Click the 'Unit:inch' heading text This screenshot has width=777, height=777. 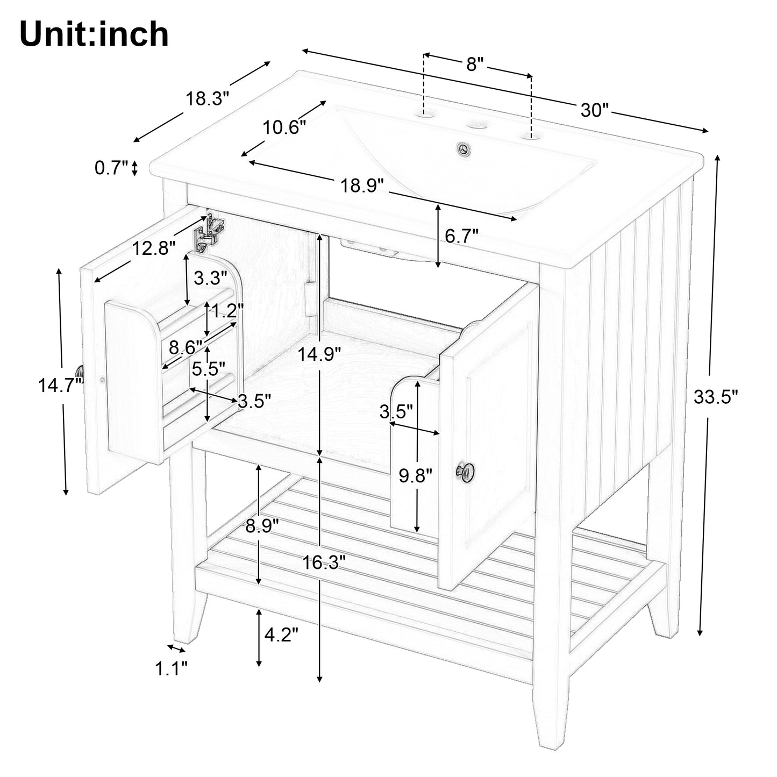coord(94,34)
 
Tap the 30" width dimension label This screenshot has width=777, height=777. coord(594,110)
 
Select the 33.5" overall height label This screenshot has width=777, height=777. coord(716,397)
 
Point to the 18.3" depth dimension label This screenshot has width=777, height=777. coord(207,98)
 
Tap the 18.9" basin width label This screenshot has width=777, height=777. coord(362,186)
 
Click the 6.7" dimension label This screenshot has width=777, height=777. coord(462,236)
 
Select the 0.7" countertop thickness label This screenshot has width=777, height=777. coord(111,167)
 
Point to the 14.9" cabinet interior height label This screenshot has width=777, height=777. coord(319,354)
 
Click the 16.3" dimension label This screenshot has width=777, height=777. coord(324,562)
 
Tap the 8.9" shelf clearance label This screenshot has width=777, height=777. coord(262,526)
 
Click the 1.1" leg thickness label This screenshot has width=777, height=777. coord(172,668)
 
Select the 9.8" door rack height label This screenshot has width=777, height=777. coord(416,476)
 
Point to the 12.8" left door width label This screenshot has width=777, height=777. coord(154,248)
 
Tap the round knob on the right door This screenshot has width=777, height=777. coord(465,471)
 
